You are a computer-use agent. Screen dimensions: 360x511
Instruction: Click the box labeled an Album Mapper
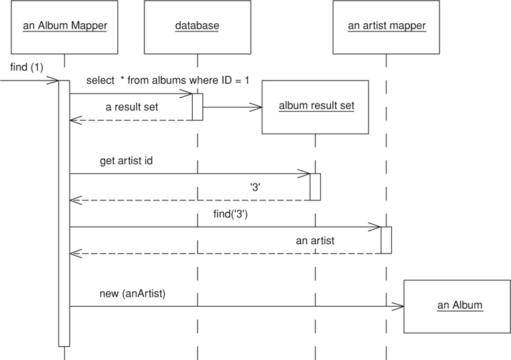[65, 27]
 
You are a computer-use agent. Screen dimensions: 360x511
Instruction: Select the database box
[197, 27]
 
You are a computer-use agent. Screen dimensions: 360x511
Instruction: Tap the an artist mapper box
[386, 27]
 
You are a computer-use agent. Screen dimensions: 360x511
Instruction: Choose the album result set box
[315, 107]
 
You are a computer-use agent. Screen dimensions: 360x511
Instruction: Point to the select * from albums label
[168, 80]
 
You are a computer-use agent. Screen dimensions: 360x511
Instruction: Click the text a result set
[132, 107]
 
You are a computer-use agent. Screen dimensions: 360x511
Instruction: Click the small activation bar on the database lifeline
[198, 107]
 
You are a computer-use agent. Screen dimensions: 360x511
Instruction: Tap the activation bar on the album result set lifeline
[315, 187]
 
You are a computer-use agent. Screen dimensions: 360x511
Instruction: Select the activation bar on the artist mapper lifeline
[386, 240]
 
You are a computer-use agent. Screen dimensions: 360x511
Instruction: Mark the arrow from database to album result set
[232, 107]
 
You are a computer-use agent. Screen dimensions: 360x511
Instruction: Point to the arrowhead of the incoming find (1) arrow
[54, 81]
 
